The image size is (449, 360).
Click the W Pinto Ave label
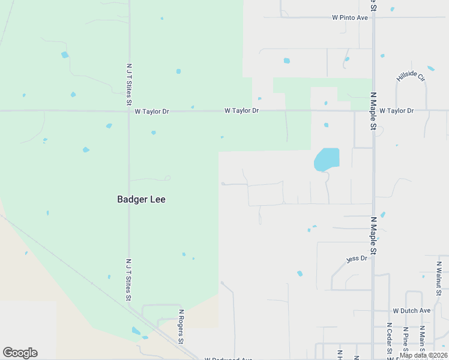click(350, 18)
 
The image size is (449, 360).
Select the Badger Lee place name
click(141, 200)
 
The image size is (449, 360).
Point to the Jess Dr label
click(357, 259)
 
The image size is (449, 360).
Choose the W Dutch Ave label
click(412, 311)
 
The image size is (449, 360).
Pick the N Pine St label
click(406, 340)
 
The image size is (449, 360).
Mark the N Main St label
click(423, 338)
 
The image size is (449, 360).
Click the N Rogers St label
click(180, 327)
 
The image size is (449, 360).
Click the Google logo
click(20, 353)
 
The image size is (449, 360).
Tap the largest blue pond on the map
click(327, 160)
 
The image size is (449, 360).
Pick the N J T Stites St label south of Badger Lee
click(128, 280)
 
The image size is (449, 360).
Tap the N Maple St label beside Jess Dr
click(373, 236)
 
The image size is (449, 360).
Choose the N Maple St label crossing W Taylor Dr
click(373, 111)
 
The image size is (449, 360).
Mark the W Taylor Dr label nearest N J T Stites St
click(152, 112)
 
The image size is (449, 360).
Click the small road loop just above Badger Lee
click(168, 178)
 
